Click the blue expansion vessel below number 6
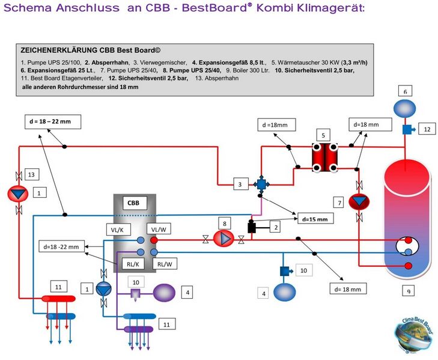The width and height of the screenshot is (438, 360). pyautogui.click(x=405, y=108)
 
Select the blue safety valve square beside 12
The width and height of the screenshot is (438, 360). pyautogui.click(x=406, y=129)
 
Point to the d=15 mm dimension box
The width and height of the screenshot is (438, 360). pyautogui.click(x=314, y=219)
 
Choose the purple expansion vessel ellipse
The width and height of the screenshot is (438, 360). pyautogui.click(x=163, y=293)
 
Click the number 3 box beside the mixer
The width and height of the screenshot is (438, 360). pyautogui.click(x=239, y=184)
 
